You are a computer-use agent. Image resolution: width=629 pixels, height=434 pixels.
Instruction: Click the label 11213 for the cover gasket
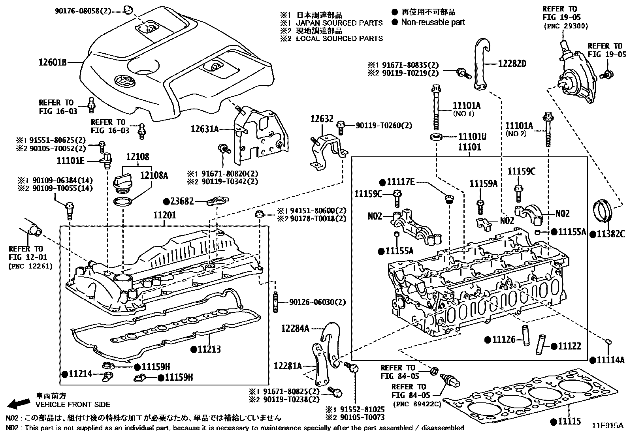(x=209, y=349)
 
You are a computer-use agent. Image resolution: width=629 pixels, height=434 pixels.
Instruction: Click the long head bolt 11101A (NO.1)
(x=436, y=107)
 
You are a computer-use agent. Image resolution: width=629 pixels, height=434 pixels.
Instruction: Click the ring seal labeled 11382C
(x=603, y=212)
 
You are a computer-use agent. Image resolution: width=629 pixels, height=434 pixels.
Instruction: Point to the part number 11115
(x=569, y=421)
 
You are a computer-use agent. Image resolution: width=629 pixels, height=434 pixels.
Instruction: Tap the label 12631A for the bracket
(x=205, y=129)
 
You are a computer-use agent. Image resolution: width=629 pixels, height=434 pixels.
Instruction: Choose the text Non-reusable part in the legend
(x=433, y=23)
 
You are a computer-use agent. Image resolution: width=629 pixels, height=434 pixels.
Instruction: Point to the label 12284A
(x=295, y=328)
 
